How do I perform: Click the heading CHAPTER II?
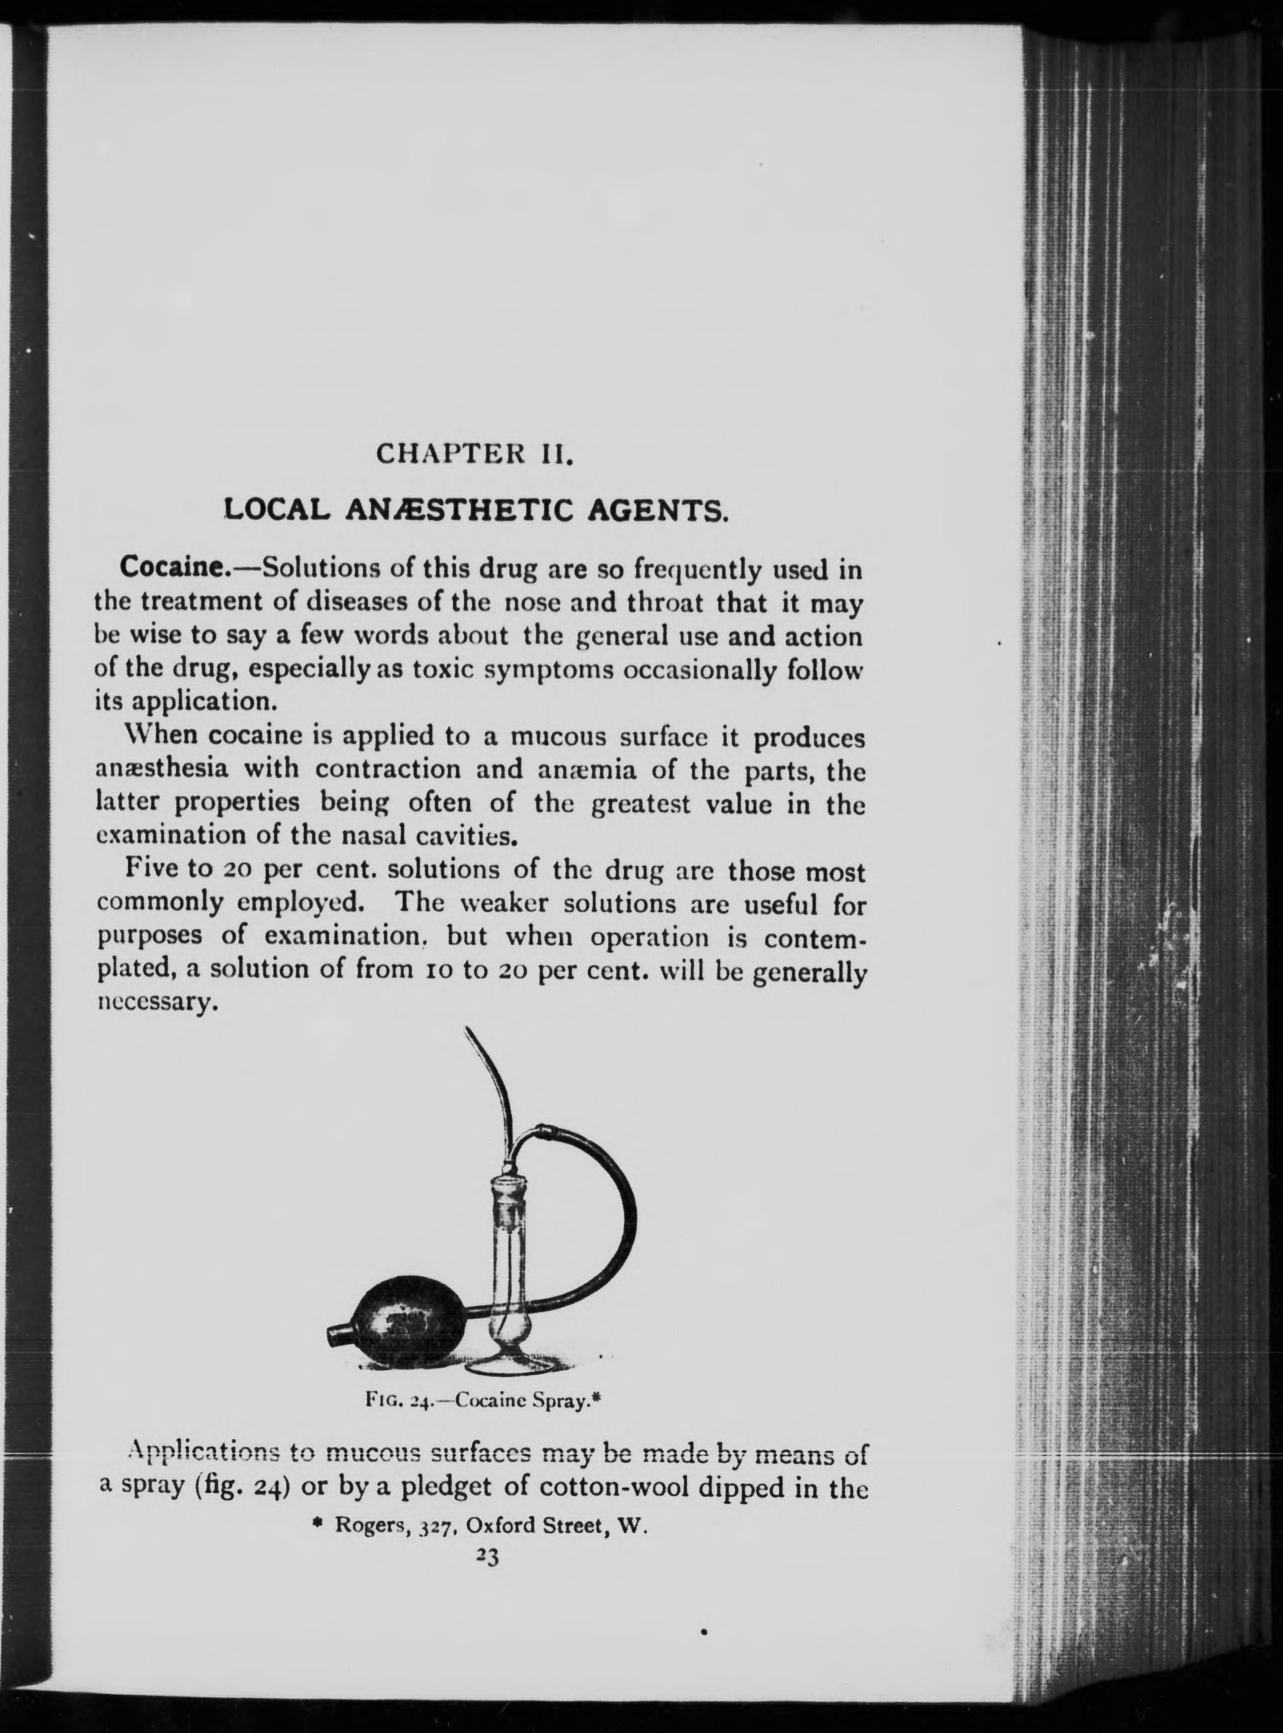tap(475, 453)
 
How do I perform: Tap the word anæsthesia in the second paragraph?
tap(162, 770)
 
